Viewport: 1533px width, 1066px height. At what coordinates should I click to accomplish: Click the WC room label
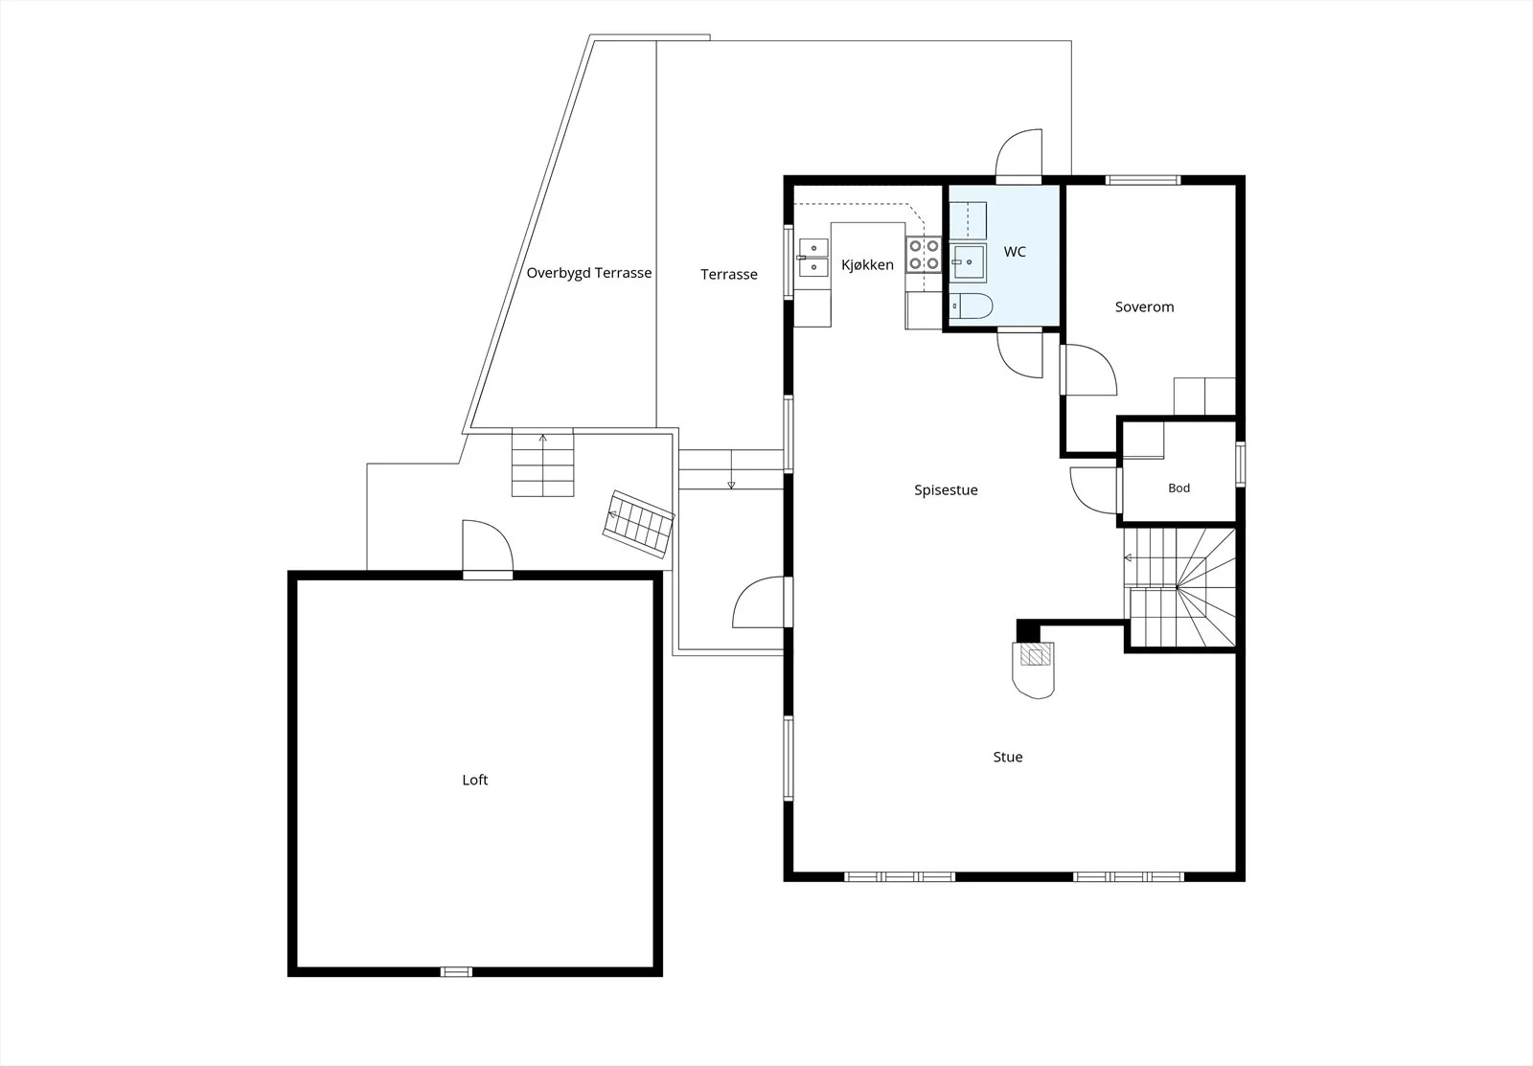point(1015,252)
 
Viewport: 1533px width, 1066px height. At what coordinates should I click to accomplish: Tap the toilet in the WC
point(972,306)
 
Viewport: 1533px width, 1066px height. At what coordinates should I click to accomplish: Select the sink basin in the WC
point(968,262)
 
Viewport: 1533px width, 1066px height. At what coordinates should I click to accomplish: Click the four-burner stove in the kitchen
point(924,254)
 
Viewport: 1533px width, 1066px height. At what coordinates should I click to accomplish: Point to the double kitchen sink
point(813,258)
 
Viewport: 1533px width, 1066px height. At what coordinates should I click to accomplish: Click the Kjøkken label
point(867,264)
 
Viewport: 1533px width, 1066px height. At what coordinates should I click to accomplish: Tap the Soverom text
point(1144,307)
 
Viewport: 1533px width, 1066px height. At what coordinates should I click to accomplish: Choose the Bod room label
point(1178,488)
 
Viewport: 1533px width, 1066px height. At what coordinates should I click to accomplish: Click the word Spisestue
point(946,489)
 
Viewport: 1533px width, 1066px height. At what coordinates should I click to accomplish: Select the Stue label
point(1007,757)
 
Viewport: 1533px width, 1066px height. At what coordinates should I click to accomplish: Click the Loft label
point(475,780)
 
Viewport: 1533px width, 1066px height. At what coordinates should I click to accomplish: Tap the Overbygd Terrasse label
point(588,273)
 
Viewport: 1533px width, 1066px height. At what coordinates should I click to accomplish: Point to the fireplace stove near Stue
point(1034,669)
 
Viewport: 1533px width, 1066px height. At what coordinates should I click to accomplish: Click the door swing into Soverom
point(1088,370)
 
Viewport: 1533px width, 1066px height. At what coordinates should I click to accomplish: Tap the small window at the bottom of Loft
point(456,971)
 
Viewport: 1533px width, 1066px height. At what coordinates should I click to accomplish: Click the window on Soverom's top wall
point(1143,181)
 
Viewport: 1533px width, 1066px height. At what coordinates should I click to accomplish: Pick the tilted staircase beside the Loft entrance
point(638,523)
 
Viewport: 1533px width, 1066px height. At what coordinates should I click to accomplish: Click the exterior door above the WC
point(1018,157)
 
